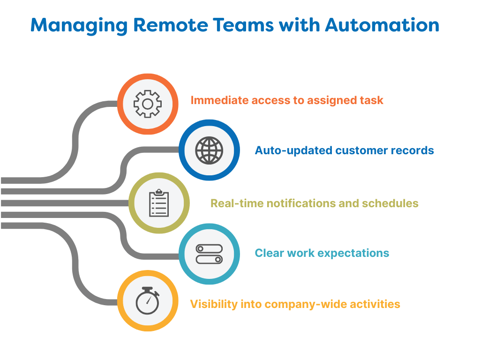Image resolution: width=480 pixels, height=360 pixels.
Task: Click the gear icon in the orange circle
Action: (147, 104)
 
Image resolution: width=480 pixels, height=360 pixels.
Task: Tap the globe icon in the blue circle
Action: (209, 150)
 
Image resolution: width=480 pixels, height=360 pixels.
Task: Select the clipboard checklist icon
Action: (159, 203)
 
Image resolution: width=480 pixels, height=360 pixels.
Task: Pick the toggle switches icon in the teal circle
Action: (209, 254)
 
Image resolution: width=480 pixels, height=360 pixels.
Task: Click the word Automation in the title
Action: (382, 25)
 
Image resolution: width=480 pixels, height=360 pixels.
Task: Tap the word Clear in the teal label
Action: (269, 253)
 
